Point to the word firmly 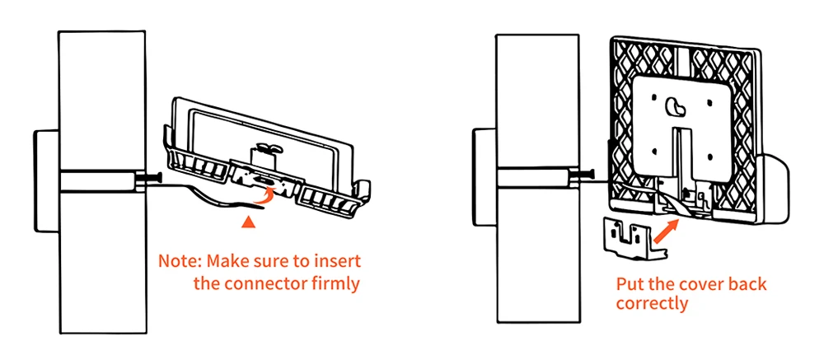336,284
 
